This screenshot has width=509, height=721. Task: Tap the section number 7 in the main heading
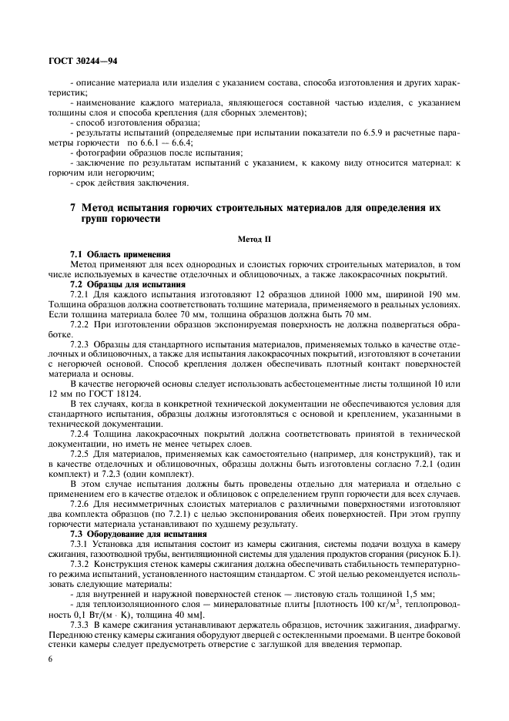[x=72, y=208]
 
